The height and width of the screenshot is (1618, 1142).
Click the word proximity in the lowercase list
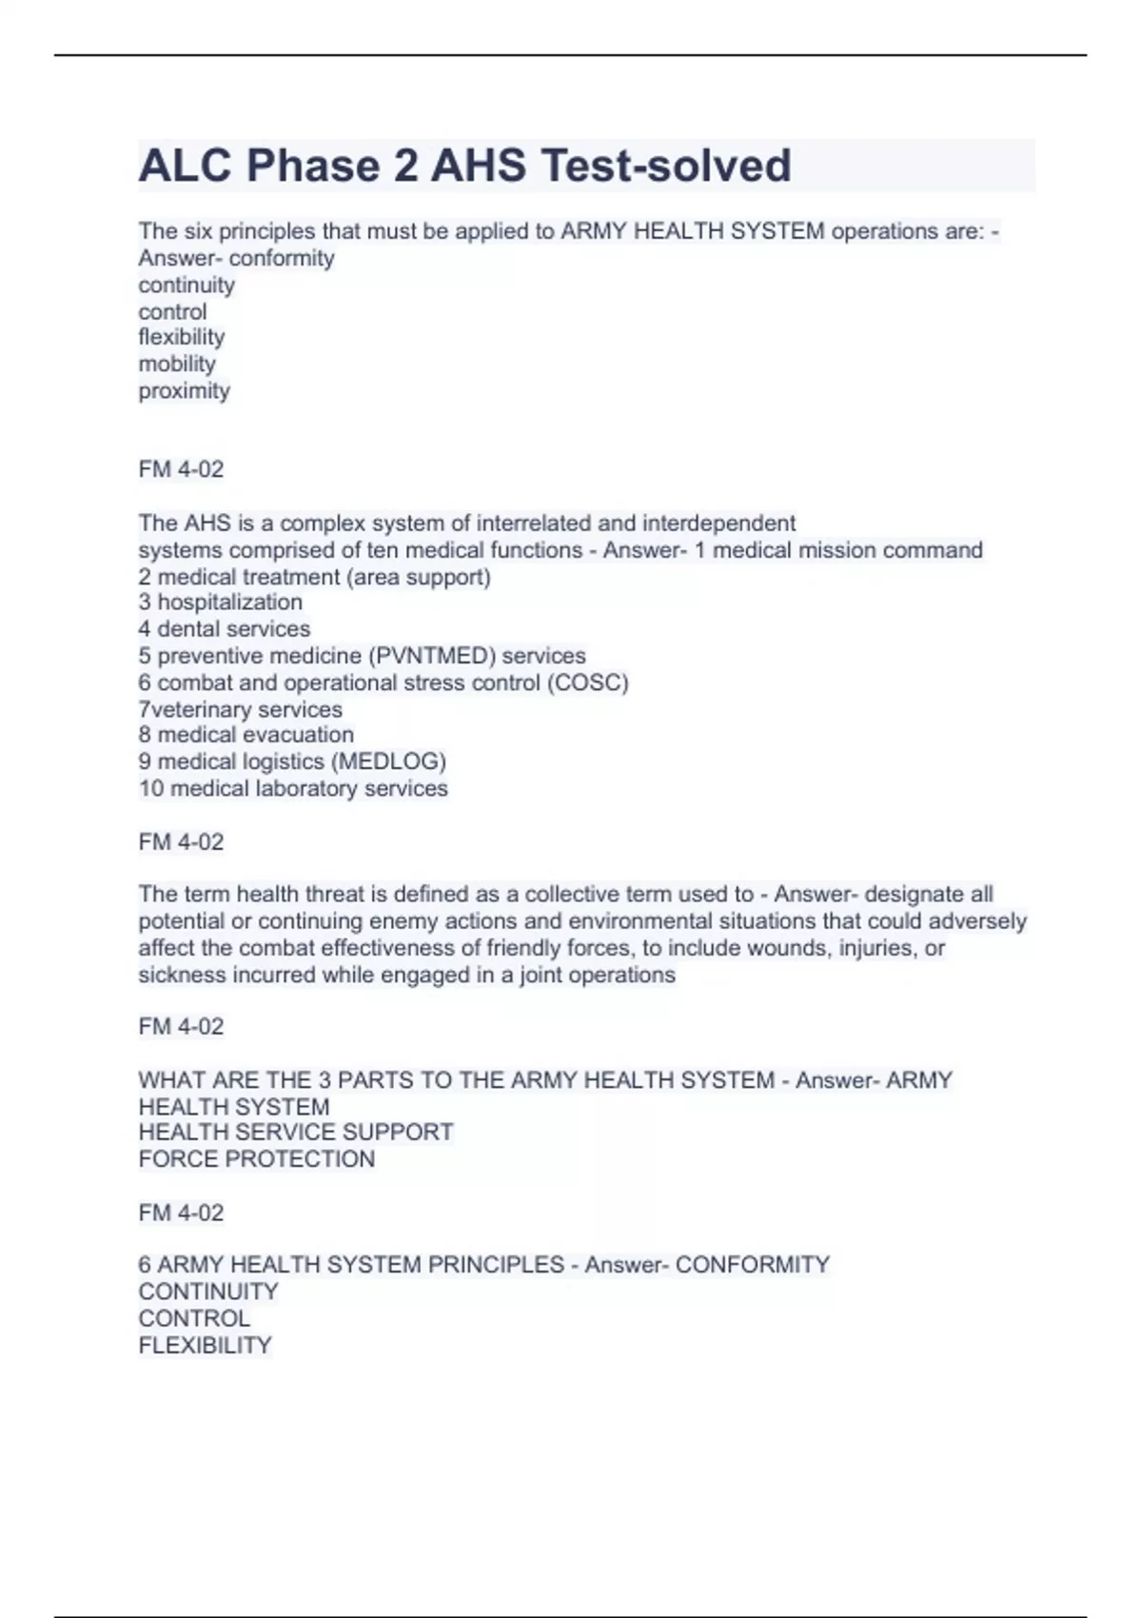[184, 391]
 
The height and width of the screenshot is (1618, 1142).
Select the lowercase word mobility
[177, 365]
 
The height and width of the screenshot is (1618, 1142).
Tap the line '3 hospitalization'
[220, 602]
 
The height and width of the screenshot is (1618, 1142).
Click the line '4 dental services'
[224, 629]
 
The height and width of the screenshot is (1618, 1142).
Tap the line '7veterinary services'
[240, 709]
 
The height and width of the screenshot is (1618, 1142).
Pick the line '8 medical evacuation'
[246, 735]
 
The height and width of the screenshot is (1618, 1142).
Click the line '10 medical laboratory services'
[292, 788]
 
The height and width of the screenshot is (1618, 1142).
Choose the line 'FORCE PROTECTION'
[256, 1159]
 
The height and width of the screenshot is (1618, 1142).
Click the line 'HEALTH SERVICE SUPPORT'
[295, 1133]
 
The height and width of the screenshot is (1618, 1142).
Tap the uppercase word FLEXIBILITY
[205, 1346]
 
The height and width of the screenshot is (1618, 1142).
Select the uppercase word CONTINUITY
[207, 1292]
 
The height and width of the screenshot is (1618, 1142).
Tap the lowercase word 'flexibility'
[181, 338]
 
